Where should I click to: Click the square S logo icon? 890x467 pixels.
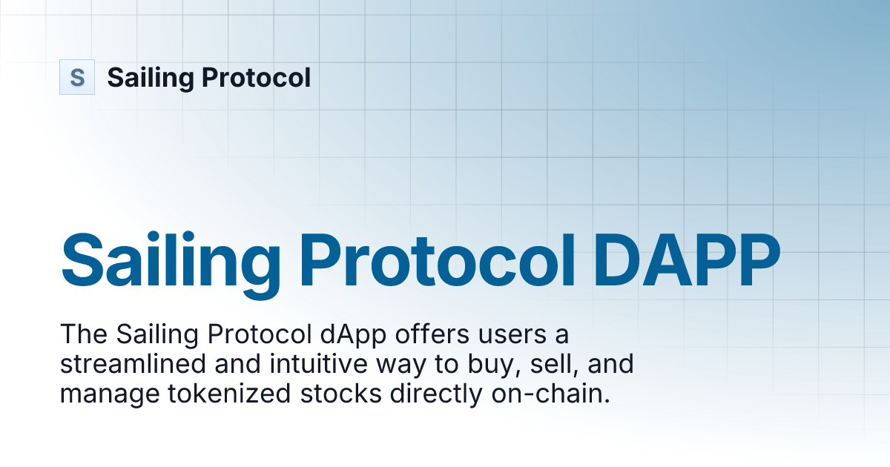tap(77, 77)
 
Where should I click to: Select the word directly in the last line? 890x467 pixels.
tap(434, 394)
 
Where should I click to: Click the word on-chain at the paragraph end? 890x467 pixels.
tap(550, 394)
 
